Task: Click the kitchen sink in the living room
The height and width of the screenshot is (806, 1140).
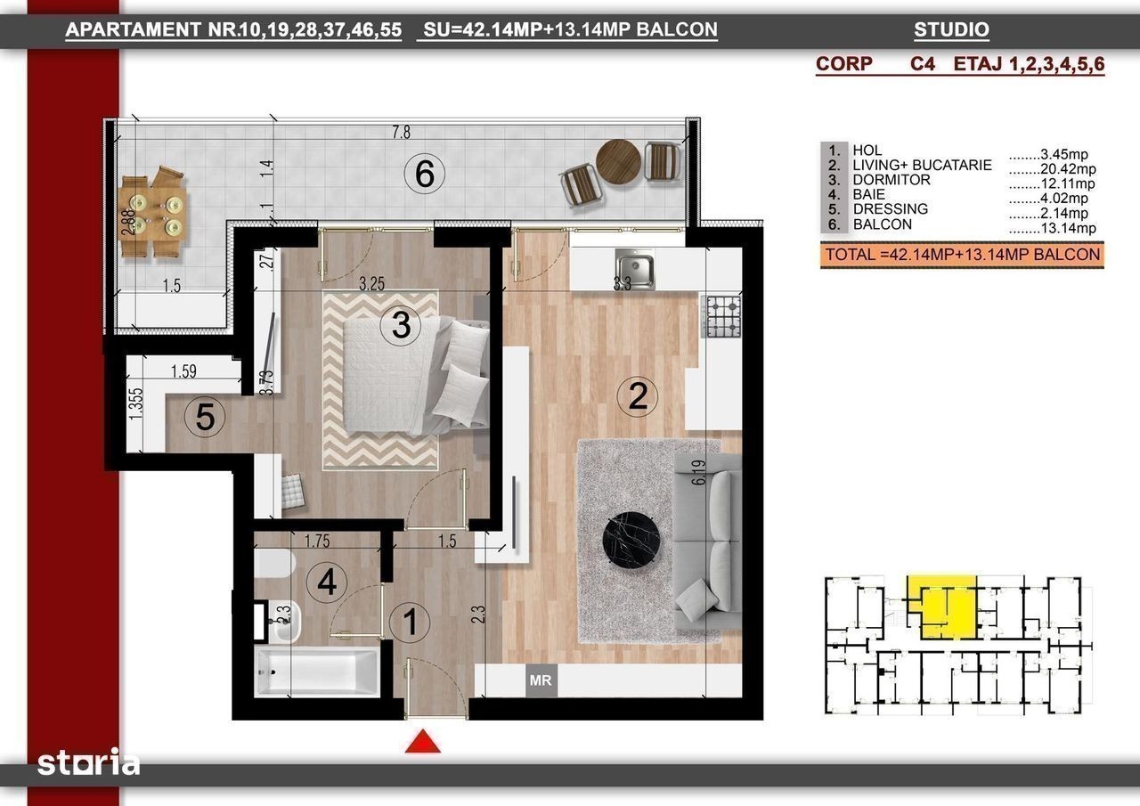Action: (x=635, y=269)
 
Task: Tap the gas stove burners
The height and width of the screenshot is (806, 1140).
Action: (x=722, y=317)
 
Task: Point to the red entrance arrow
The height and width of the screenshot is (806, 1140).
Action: (x=423, y=741)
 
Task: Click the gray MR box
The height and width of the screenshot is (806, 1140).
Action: (x=541, y=680)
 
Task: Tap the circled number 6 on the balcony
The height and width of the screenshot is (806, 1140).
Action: (x=425, y=174)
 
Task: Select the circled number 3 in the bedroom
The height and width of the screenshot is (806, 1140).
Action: (x=401, y=325)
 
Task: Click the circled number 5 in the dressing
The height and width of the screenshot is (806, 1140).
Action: (x=205, y=417)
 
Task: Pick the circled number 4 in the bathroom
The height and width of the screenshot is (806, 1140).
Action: (x=327, y=582)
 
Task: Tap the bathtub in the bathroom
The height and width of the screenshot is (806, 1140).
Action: (x=317, y=672)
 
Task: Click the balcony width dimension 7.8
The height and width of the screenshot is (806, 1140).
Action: (x=401, y=133)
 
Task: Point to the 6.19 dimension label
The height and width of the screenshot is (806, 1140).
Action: (x=699, y=472)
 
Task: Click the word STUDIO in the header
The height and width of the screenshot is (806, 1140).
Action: (x=951, y=29)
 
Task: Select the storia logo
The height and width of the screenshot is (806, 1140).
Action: (x=88, y=762)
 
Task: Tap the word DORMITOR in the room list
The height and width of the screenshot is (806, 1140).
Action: (x=892, y=180)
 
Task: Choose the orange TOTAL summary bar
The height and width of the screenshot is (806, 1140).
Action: (x=962, y=255)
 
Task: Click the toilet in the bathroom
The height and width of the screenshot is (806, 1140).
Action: (x=273, y=563)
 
